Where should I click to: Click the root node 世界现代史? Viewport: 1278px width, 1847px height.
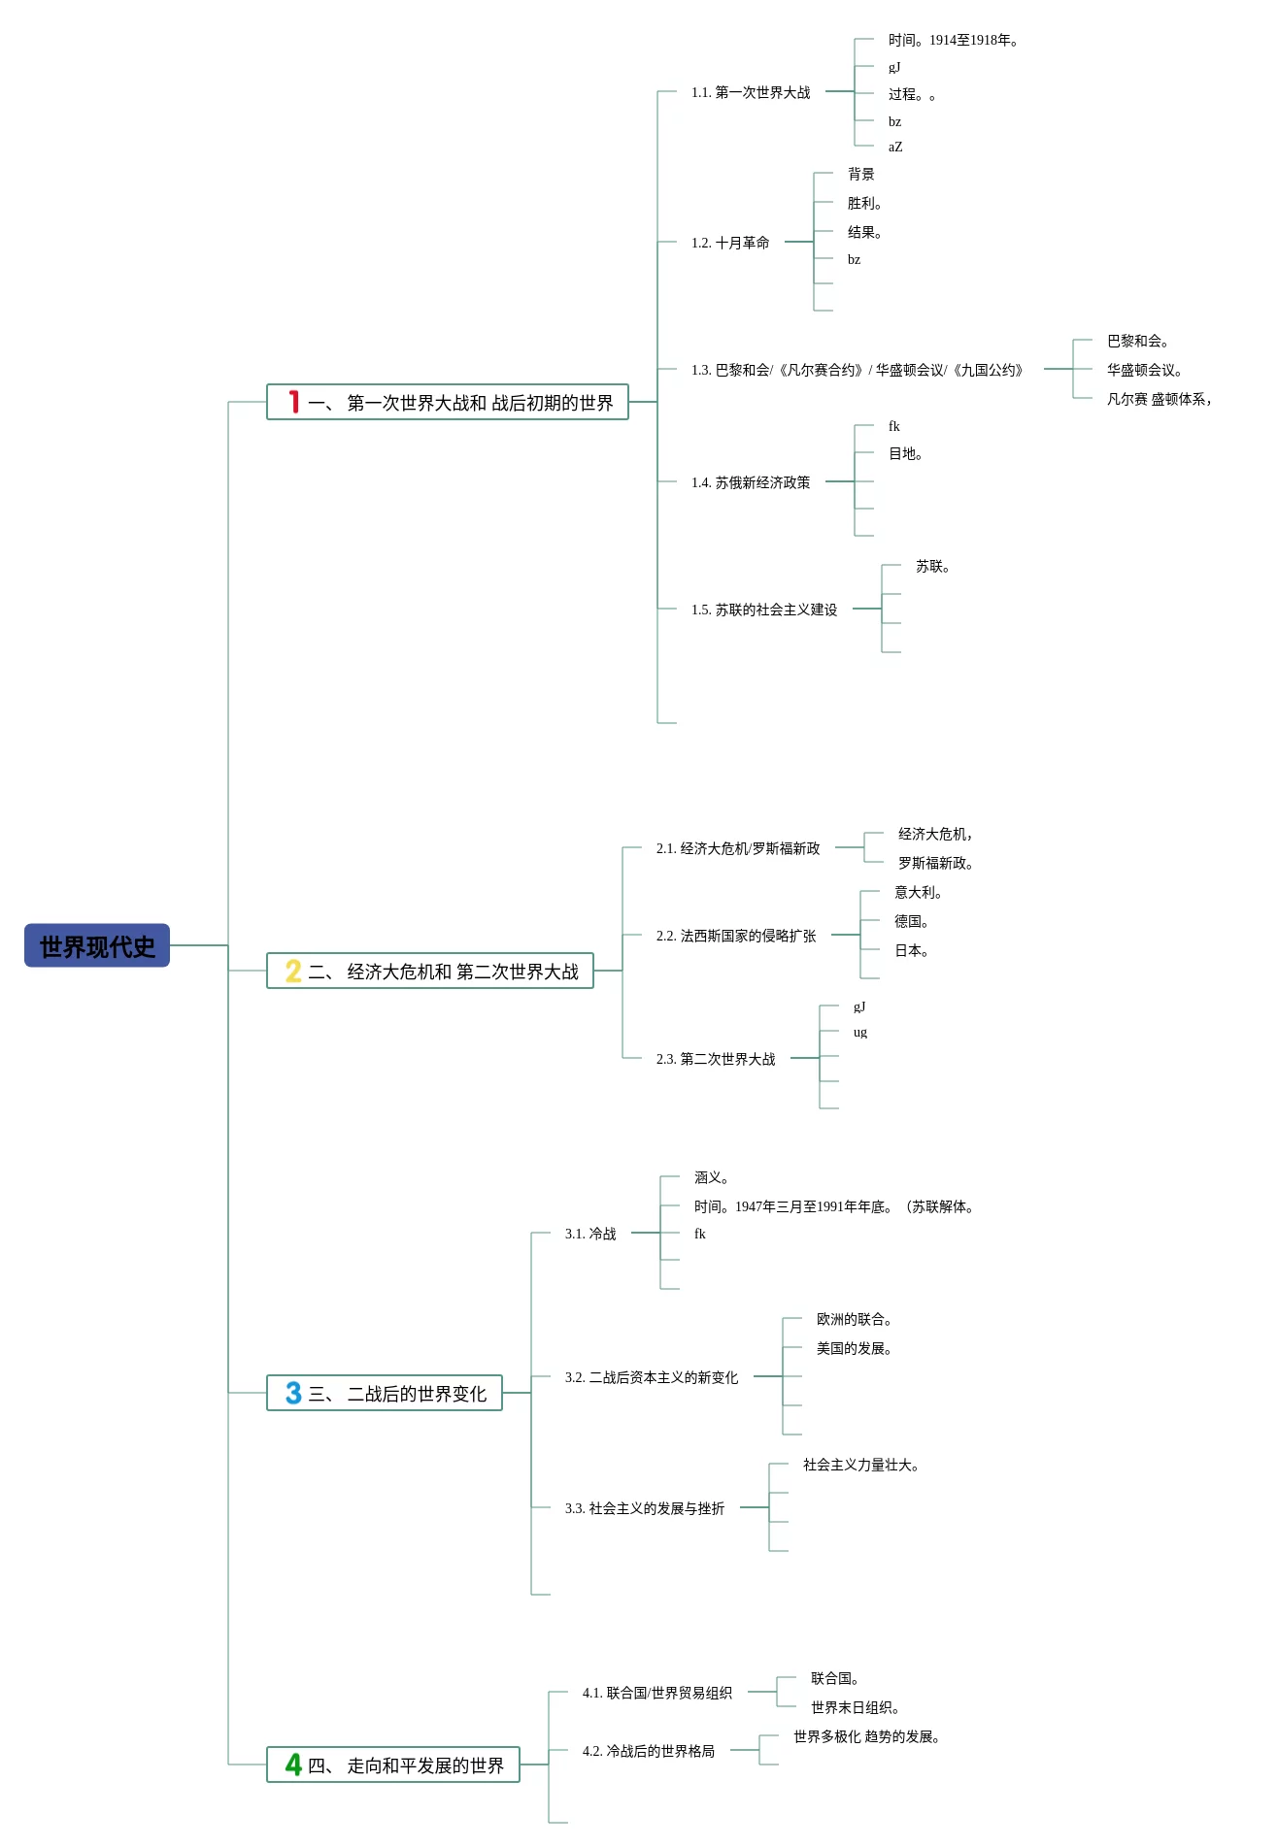(97, 945)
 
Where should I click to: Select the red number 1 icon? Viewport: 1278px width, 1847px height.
(293, 402)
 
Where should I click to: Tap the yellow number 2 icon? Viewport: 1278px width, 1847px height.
(293, 971)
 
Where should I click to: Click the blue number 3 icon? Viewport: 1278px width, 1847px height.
(293, 1393)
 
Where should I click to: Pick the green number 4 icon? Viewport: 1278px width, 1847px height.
(293, 1765)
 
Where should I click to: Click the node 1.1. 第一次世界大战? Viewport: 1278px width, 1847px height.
(751, 92)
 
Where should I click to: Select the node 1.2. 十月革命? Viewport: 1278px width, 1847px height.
(730, 243)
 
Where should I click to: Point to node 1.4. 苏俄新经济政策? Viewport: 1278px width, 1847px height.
(751, 482)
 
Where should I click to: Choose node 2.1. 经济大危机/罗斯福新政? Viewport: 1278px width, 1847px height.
(738, 848)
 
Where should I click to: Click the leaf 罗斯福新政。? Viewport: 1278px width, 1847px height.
(936, 863)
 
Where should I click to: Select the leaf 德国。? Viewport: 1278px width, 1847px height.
(912, 921)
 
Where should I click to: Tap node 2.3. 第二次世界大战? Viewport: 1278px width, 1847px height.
(716, 1059)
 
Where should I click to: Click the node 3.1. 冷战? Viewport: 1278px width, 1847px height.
(590, 1234)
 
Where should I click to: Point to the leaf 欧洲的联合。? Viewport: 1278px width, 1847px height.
(855, 1319)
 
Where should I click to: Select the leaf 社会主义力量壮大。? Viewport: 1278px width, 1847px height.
(861, 1465)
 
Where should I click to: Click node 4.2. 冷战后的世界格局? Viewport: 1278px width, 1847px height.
(649, 1751)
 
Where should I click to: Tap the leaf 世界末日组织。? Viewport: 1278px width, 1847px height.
(856, 1707)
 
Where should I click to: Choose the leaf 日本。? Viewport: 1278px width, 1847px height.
(912, 950)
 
